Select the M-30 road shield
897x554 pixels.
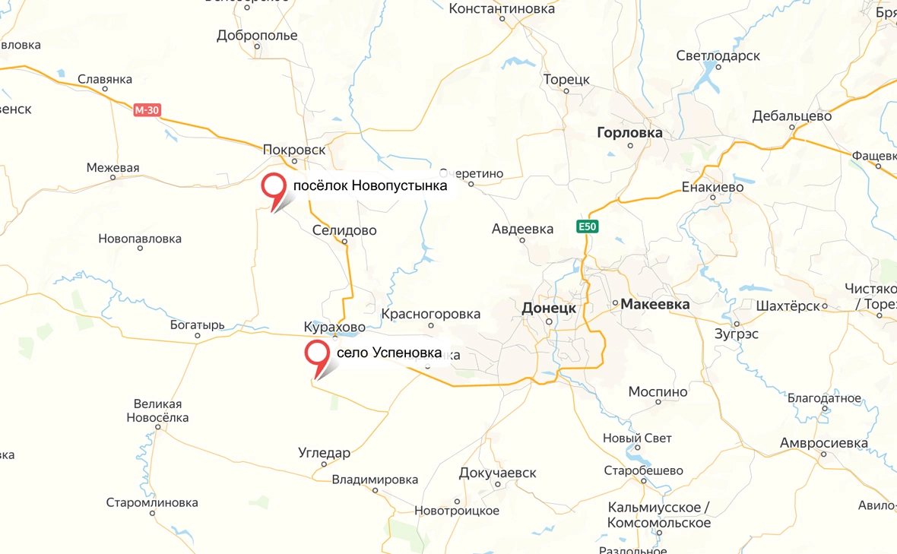pyautogui.click(x=147, y=110)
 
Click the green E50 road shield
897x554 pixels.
pyautogui.click(x=588, y=226)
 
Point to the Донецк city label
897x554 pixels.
pyautogui.click(x=550, y=308)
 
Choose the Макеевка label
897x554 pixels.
pyautogui.click(x=655, y=304)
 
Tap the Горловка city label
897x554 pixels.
pyautogui.click(x=629, y=133)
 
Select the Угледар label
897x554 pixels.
pyautogui.click(x=325, y=453)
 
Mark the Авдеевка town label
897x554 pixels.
pyautogui.click(x=522, y=228)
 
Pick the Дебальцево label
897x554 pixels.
pyautogui.click(x=791, y=116)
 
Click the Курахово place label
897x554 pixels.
pyautogui.click(x=334, y=327)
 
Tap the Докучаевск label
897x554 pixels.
pyautogui.click(x=497, y=473)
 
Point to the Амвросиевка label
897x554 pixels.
pyautogui.click(x=823, y=443)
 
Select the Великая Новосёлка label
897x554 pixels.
pyautogui.click(x=158, y=410)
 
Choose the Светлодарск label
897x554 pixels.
pyautogui.click(x=718, y=56)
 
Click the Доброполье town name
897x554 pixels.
pyautogui.click(x=257, y=36)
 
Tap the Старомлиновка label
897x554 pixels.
pyautogui.click(x=152, y=502)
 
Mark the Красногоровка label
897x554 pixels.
pyautogui.click(x=431, y=314)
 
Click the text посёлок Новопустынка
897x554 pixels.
pyautogui.click(x=370, y=185)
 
